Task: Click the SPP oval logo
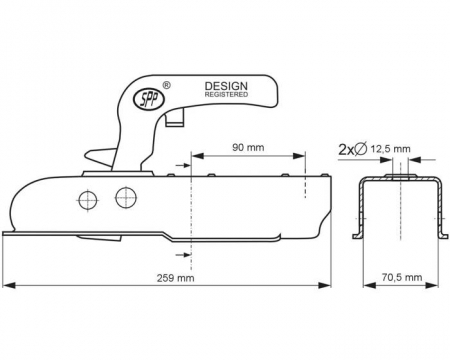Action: (149, 98)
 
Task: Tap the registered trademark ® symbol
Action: (166, 85)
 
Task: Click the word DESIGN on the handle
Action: (226, 86)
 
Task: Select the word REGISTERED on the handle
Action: (226, 95)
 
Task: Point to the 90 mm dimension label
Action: (248, 147)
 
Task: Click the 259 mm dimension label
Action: (175, 278)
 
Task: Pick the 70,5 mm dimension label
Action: (402, 277)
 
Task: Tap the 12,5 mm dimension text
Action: (391, 149)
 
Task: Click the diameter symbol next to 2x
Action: (361, 149)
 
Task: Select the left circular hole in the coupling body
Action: (87, 201)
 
